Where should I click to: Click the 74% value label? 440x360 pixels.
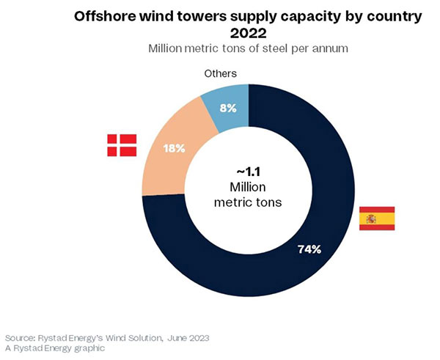pyautogui.click(x=309, y=249)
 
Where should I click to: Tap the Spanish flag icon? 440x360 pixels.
pyautogui.click(x=377, y=218)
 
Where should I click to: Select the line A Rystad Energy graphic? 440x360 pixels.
pyautogui.click(x=55, y=348)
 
